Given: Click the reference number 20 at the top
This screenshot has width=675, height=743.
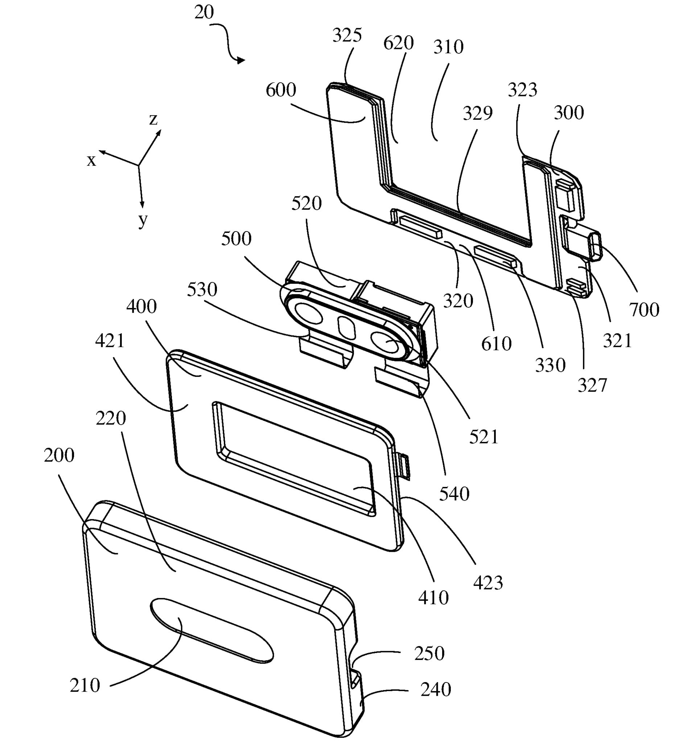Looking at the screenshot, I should tap(204, 13).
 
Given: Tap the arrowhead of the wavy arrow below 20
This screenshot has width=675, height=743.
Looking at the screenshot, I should tap(241, 60).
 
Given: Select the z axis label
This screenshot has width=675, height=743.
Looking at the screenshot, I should tap(153, 119).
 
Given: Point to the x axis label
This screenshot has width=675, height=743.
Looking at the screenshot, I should tap(91, 161).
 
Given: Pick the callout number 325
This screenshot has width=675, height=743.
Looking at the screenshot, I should tap(347, 36).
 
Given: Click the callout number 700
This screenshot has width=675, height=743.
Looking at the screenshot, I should tap(644, 309).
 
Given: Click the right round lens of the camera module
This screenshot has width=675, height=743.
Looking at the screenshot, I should tap(386, 344).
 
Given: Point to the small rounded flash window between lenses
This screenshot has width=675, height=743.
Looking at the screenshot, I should tap(346, 326).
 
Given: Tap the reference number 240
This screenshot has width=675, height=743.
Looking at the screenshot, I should tap(436, 689).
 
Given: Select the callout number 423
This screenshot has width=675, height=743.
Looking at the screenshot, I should tap(488, 582).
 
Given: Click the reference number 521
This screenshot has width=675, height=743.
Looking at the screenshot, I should tap(483, 437).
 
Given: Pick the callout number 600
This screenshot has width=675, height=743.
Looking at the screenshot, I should tap(281, 90).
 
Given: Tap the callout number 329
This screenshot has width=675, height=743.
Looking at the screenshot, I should tap(478, 113).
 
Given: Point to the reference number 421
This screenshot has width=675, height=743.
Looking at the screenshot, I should tap(110, 341).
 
